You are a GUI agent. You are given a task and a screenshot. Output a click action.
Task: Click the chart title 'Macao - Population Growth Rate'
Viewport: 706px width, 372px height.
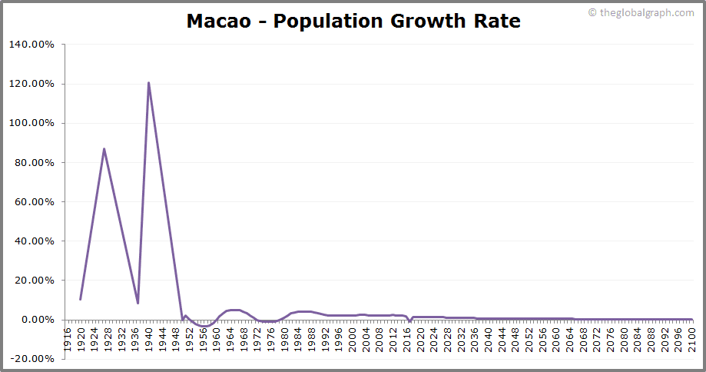[x=353, y=21]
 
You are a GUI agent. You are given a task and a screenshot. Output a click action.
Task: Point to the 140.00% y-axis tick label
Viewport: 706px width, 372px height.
[x=31, y=45]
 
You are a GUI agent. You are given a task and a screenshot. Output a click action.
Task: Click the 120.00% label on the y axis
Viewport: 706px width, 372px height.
[x=31, y=84]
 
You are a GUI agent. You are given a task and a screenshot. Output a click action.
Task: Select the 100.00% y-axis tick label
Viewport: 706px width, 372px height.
[x=31, y=123]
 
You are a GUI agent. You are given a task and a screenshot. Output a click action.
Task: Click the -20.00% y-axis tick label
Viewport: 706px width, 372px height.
[x=31, y=359]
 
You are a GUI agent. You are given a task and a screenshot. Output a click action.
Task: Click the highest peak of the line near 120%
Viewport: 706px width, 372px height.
[x=148, y=83]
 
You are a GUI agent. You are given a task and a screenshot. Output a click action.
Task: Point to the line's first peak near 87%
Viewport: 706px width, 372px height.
[x=104, y=149]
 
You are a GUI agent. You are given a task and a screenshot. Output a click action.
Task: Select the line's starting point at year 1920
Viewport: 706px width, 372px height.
[x=80, y=299]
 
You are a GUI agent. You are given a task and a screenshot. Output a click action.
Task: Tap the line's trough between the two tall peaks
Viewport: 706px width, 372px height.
[x=138, y=303]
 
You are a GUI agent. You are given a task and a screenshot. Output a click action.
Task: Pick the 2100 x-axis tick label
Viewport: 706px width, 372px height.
[x=691, y=336]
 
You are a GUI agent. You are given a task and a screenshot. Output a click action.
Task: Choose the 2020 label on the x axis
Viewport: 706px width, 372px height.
[x=421, y=336]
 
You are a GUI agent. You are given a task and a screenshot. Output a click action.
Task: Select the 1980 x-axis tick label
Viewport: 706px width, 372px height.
[x=286, y=336]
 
